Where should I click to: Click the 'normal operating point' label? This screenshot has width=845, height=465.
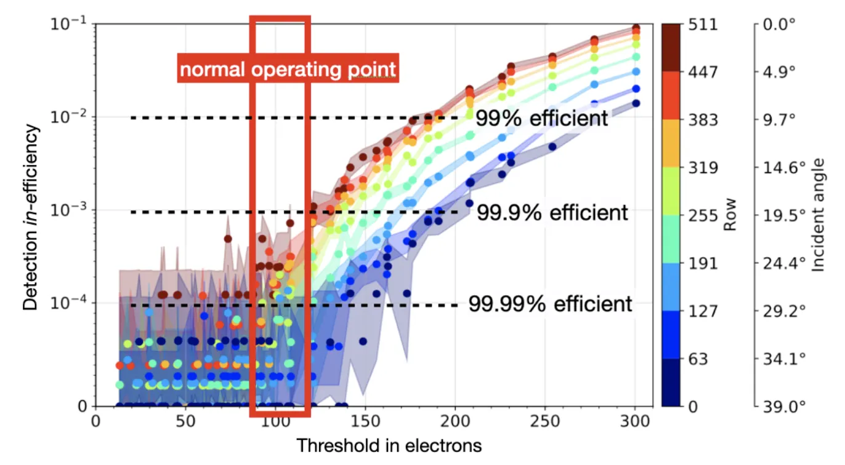coord(288,69)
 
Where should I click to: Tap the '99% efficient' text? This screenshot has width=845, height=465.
coord(542,118)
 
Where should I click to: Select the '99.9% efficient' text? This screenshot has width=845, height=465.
coord(552,213)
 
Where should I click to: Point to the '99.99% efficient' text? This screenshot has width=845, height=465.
coord(550,304)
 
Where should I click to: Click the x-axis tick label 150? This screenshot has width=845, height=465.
coord(365,421)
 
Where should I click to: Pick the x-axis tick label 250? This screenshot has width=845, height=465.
coord(544,421)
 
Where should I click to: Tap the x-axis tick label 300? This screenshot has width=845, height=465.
coord(635,421)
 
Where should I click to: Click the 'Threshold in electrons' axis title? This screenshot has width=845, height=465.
coord(389,445)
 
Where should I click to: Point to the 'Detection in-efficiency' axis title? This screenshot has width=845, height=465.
coord(30,218)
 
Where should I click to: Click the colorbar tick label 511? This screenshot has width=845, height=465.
coord(703,25)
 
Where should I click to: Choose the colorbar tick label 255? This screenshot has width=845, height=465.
coord(703,215)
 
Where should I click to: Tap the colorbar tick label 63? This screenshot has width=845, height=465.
coord(698,359)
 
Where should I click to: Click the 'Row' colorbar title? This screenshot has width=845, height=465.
coord(730,215)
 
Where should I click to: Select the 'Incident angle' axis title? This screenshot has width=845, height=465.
coord(817,215)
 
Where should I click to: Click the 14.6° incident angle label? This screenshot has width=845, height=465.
coord(784,168)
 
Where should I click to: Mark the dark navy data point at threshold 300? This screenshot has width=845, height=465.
coord(636,103)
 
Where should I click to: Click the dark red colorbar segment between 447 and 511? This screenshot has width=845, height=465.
coord(671,47)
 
